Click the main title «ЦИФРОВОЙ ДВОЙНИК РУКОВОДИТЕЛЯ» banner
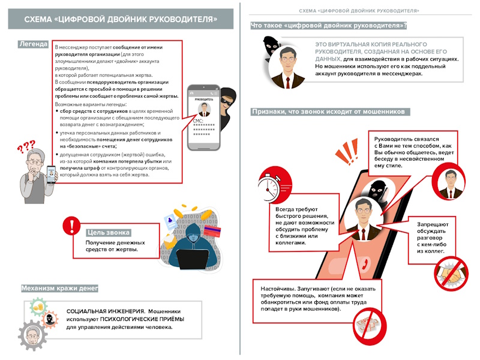[x=121, y=20]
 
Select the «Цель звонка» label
[x=109, y=232]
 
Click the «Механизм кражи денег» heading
[x=59, y=289]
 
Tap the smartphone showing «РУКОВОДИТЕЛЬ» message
[x=204, y=118]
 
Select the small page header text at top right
[x=359, y=11]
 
